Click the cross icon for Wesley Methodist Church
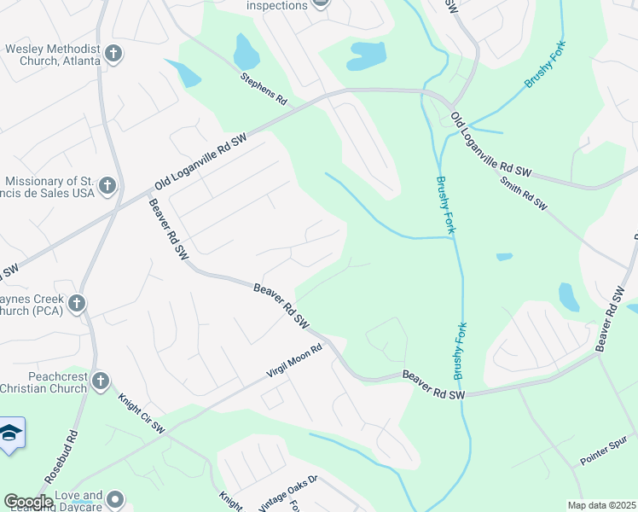click(113, 55)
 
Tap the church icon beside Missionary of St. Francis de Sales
click(107, 184)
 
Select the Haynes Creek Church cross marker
click(76, 303)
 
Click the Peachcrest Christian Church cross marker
click(100, 381)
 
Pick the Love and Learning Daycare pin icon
click(116, 499)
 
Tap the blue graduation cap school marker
click(11, 433)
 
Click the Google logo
click(27, 501)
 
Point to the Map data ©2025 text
click(600, 505)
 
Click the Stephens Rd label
click(264, 89)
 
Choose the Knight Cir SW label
click(141, 412)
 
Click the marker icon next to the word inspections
click(321, 4)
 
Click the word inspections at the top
click(276, 5)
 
